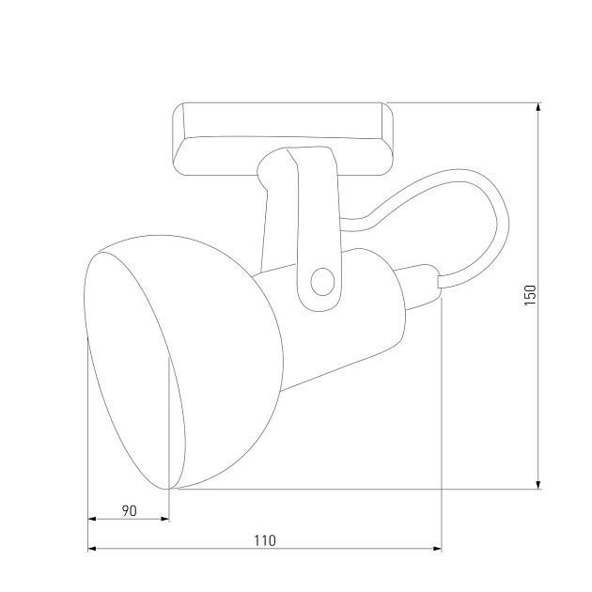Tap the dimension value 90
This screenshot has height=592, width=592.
coord(130,510)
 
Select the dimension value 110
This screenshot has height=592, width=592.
coord(264,540)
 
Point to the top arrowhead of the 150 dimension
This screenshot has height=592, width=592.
coord(538,107)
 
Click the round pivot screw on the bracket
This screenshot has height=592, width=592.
coord(321,280)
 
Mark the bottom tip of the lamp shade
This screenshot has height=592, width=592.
coord(171,488)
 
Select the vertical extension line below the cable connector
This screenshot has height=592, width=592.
coord(441,423)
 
